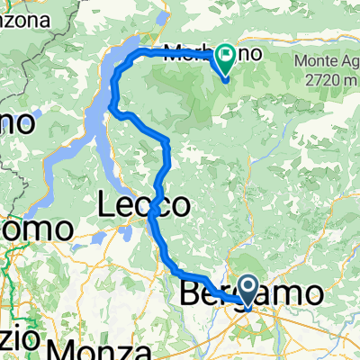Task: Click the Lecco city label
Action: tap(144, 206)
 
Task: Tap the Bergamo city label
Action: tap(251, 294)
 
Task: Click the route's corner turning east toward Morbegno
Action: tap(134, 56)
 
